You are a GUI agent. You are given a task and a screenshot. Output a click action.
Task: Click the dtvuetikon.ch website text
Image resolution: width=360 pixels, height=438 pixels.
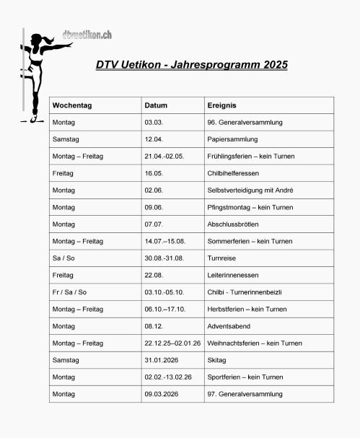87,35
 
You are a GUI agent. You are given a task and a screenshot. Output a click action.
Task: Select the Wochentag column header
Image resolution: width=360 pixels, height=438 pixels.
72,105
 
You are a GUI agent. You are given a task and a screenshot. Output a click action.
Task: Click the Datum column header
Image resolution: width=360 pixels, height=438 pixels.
156,105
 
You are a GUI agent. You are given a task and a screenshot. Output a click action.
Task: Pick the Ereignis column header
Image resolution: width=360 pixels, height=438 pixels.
222,105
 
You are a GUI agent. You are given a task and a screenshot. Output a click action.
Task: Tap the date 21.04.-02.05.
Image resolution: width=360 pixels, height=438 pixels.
164,157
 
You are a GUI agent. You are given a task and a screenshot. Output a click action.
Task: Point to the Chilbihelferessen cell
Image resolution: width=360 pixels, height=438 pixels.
233,174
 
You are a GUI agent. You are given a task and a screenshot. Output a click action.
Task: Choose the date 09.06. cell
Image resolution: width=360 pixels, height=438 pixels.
154,208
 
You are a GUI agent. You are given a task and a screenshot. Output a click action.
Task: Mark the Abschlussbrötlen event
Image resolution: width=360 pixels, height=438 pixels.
235,224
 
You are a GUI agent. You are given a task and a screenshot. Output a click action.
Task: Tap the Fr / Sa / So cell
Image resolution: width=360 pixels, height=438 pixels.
69,292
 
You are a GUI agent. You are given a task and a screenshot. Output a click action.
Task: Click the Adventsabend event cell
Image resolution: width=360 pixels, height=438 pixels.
228,326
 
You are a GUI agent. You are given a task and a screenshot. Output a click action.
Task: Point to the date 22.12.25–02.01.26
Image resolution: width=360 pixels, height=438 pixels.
172,343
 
